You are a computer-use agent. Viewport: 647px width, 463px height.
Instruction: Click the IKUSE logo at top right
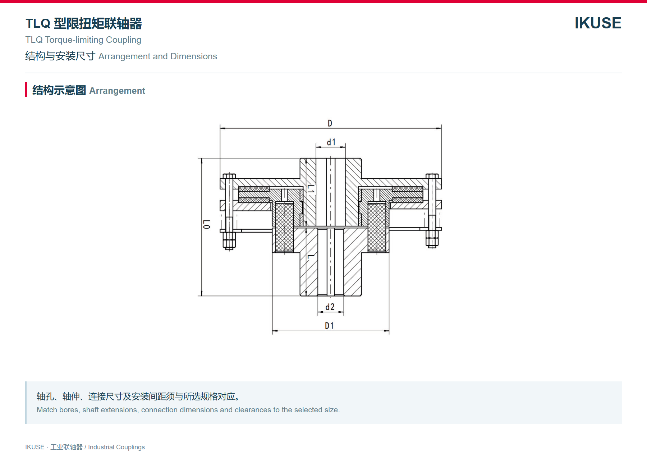tap(598, 23)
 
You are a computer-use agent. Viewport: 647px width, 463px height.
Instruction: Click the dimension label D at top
tap(330, 123)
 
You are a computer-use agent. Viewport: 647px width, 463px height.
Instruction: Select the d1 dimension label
tap(331, 142)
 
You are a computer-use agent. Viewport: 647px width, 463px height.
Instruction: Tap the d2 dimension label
tap(330, 307)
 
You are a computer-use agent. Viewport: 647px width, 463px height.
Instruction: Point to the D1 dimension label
tap(329, 326)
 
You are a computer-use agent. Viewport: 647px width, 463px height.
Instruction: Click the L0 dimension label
tap(207, 224)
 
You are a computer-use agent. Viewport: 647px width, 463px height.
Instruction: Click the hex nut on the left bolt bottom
tap(229, 240)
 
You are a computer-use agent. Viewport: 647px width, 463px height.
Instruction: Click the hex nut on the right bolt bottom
tap(432, 239)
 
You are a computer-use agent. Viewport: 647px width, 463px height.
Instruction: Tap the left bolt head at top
tap(229, 176)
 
